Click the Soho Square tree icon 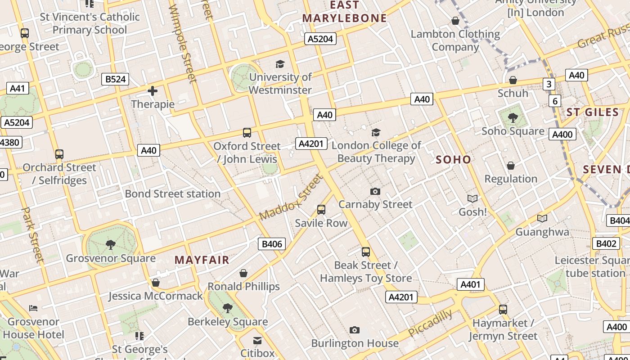pyautogui.click(x=513, y=118)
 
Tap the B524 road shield pyautogui.click(x=115, y=79)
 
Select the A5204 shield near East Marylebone pyautogui.click(x=320, y=39)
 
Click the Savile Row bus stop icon pyautogui.click(x=321, y=209)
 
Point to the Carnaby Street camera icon pyautogui.click(x=375, y=191)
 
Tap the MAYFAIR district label pyautogui.click(x=202, y=260)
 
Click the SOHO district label pyautogui.click(x=453, y=159)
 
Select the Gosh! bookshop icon pyautogui.click(x=472, y=198)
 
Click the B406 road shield pyautogui.click(x=272, y=244)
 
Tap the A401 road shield pyautogui.click(x=471, y=284)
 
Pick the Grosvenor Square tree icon pyautogui.click(x=110, y=245)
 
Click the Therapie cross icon pyautogui.click(x=153, y=91)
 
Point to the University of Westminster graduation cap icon pyautogui.click(x=280, y=64)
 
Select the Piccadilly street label pyautogui.click(x=430, y=322)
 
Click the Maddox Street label pyautogui.click(x=292, y=198)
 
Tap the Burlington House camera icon pyautogui.click(x=355, y=330)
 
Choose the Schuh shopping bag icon pyautogui.click(x=513, y=80)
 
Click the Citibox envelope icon pyautogui.click(x=257, y=340)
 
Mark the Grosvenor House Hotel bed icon pyautogui.click(x=33, y=308)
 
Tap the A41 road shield pyautogui.click(x=18, y=88)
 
